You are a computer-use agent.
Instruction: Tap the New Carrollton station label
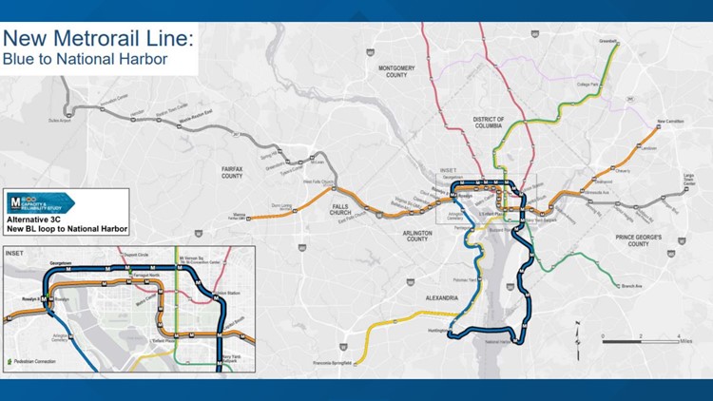(670, 122)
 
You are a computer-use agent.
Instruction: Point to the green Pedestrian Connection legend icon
(10, 362)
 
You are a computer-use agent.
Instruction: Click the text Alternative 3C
(33, 218)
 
